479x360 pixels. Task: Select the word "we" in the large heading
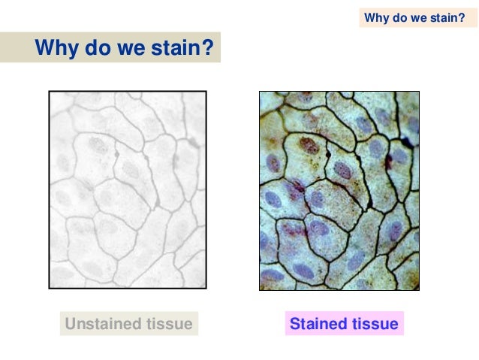(126, 50)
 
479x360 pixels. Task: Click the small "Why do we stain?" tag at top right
(414, 17)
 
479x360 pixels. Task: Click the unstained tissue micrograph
(128, 189)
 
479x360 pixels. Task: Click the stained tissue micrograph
(339, 191)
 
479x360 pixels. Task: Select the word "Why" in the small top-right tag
(375, 17)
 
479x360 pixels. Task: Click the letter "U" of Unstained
(71, 325)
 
